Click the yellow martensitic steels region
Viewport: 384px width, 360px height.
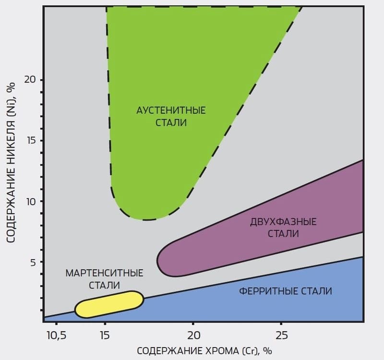(109, 304)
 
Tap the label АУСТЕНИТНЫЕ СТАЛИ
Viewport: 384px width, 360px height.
(171, 117)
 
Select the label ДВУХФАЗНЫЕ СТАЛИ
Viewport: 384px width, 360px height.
(283, 228)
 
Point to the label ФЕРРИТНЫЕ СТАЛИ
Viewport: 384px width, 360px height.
(285, 291)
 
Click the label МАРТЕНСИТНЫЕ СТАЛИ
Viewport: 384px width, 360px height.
(104, 279)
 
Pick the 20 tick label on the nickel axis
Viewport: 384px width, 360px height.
(31, 80)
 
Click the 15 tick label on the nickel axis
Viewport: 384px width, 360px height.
(31, 141)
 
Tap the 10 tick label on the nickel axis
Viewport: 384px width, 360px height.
(31, 202)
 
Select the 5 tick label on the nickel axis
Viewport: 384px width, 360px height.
(33, 262)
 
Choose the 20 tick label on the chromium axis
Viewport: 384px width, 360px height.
(193, 334)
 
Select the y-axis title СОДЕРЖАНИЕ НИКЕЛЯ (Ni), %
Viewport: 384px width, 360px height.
(12, 162)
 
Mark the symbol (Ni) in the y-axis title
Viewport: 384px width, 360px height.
(12, 105)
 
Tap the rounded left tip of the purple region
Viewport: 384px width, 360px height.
(159, 261)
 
